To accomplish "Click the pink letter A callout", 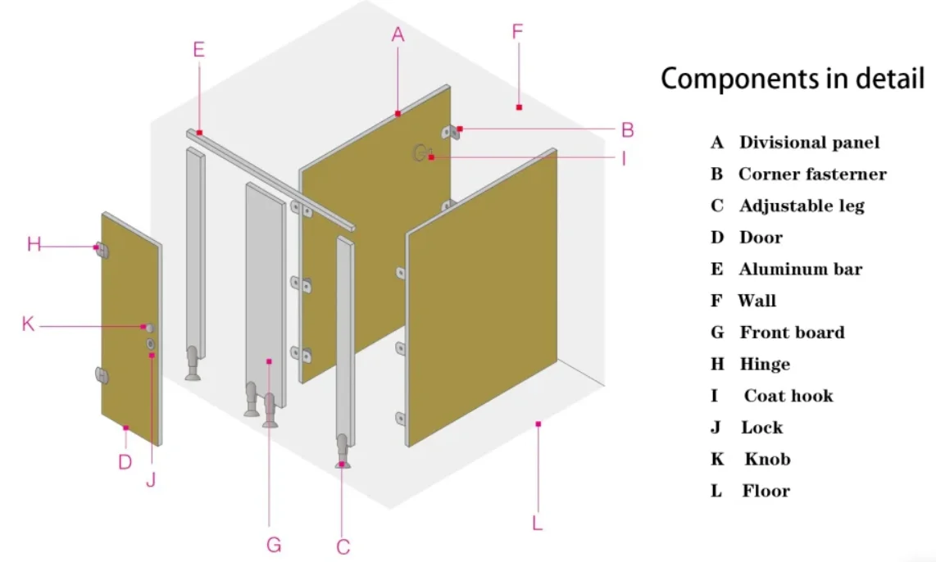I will [398, 34].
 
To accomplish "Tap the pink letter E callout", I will [198, 49].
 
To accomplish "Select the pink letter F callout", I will [517, 32].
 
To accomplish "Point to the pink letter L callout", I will [538, 523].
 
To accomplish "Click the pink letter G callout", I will [274, 544].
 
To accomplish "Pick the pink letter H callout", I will [34, 244].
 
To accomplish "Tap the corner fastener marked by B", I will [449, 132].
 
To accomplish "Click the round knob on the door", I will [149, 328].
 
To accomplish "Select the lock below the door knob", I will [151, 344].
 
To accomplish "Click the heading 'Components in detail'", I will [793, 79].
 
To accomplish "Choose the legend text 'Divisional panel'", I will [809, 143].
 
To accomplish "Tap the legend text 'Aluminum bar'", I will [800, 270].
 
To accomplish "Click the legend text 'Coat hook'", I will [788, 397].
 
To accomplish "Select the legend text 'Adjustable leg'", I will [802, 206].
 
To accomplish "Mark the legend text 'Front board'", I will [792, 333].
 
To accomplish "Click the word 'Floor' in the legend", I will [766, 492].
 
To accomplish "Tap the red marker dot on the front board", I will [269, 360].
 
